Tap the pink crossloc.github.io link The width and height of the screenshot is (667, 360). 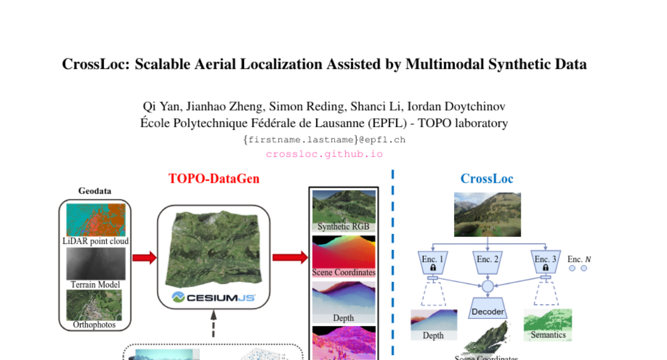click(324, 154)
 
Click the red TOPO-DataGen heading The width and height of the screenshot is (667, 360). click(214, 179)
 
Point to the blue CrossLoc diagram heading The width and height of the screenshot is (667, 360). click(487, 179)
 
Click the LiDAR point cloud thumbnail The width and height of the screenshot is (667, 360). click(96, 220)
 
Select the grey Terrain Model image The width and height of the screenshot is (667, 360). click(96, 264)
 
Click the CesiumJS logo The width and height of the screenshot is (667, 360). click(213, 297)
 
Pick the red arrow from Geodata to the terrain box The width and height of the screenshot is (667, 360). click(144, 257)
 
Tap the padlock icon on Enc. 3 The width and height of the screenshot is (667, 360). click(546, 268)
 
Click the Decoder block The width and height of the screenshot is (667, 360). click(487, 312)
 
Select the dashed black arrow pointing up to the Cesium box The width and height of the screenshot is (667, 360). click(213, 324)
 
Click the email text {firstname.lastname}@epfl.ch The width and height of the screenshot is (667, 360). click(324, 140)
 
